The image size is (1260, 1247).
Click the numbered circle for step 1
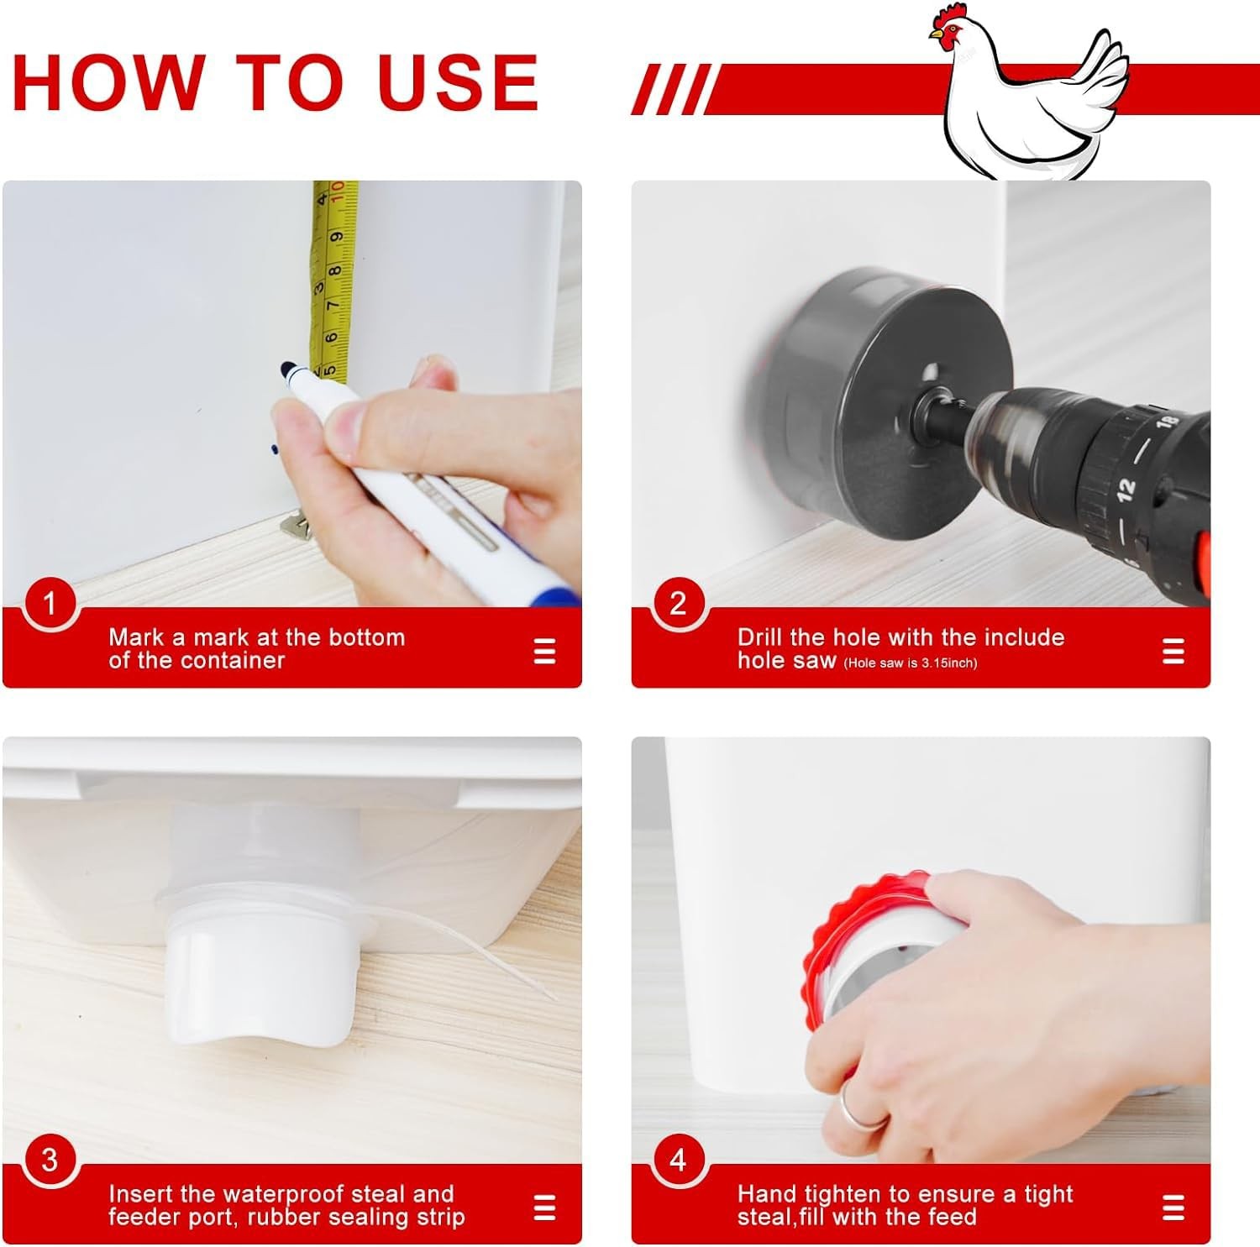coord(49,603)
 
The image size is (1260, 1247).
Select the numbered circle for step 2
coord(677,603)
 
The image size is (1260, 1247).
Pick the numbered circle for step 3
coord(49,1160)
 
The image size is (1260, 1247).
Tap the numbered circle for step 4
coord(677,1160)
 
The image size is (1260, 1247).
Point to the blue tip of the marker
coord(288,369)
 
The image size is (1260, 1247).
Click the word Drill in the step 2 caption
coord(760,637)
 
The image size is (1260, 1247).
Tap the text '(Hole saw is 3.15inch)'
coord(911,663)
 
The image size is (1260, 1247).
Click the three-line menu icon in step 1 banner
coord(544,651)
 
